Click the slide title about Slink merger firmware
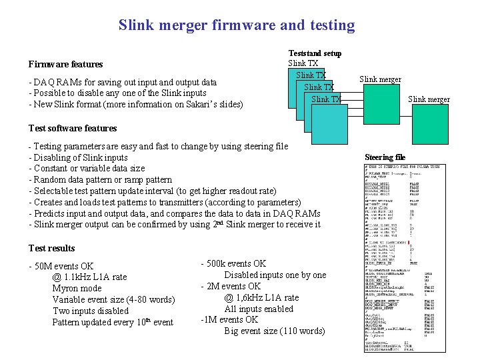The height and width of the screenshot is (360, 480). click(237, 25)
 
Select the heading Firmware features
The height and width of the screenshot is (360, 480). click(65, 64)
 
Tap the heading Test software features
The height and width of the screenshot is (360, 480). click(73, 128)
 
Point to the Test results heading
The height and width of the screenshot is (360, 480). click(52, 248)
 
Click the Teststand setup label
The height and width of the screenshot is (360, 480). click(315, 53)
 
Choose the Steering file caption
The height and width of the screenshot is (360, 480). click(385, 157)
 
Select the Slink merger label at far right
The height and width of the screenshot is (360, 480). click(429, 99)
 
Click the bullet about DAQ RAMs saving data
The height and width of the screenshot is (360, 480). click(123, 82)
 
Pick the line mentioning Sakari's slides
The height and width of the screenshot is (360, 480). click(136, 104)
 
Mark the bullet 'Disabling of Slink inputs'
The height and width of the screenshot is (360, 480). click(78, 157)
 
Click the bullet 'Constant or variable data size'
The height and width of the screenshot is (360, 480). click(87, 169)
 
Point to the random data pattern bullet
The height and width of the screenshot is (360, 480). click(100, 179)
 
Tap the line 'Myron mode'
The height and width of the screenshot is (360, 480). click(77, 289)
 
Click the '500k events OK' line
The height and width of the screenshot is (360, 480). click(233, 263)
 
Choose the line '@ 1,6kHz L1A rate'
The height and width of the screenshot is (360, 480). click(261, 297)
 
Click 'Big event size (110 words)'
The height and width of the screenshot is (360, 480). click(275, 331)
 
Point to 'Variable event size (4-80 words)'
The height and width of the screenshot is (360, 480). click(113, 300)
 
